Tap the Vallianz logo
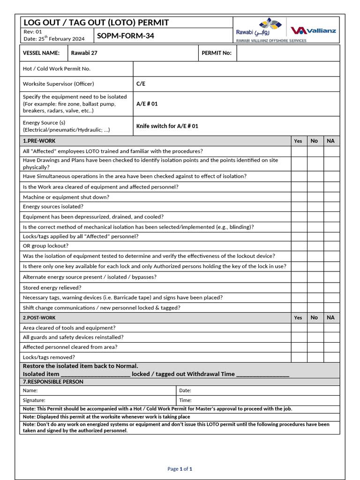coord(313,30)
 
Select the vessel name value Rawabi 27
coord(84,53)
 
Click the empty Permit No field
coord(288,53)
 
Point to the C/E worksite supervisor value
coord(141,84)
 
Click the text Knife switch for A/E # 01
coord(167,126)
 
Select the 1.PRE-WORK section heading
coord(39,141)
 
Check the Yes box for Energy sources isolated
coord(299,207)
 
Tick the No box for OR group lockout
coord(315,246)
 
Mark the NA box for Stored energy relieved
coord(331,287)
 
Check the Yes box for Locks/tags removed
coord(299,357)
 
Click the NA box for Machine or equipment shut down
coord(331,197)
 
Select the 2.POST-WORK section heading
coord(39,318)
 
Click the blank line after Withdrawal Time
coord(262,374)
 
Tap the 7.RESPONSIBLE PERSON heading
coord(53,382)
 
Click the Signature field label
coord(34,400)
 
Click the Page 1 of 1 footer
coord(180,469)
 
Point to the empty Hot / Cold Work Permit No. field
coord(236,69)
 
